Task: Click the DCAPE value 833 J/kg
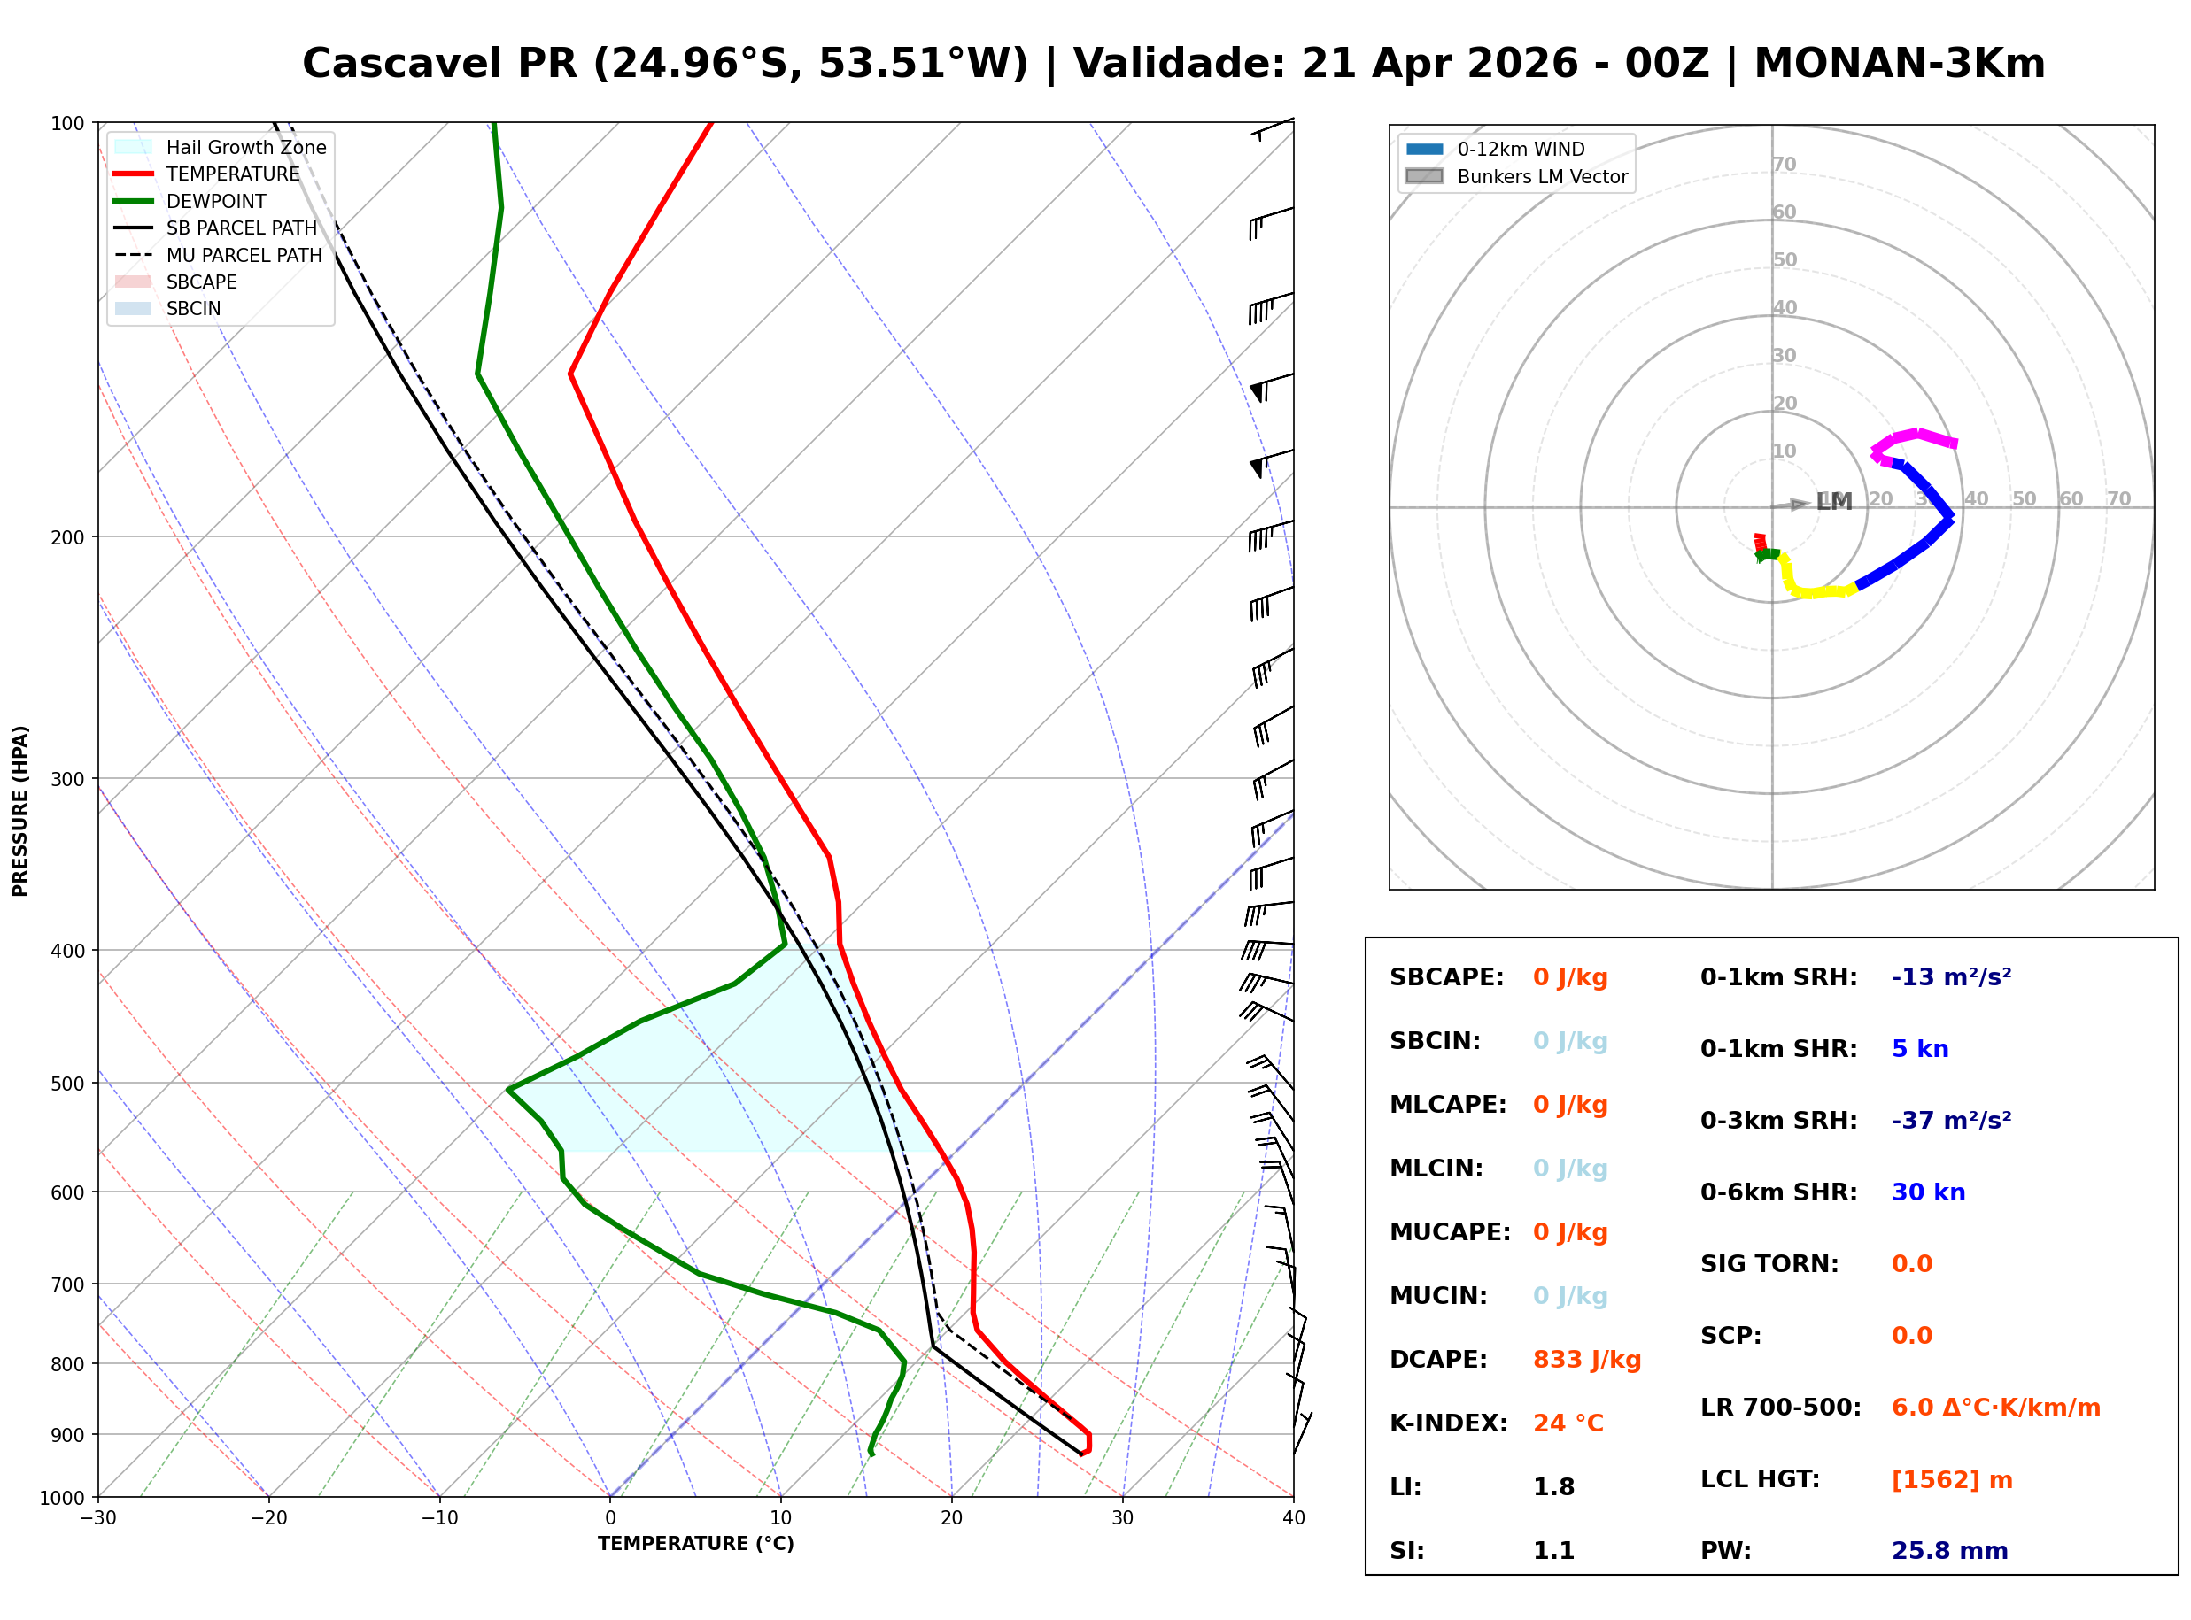click(x=1586, y=1360)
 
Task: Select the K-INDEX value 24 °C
click(x=1568, y=1423)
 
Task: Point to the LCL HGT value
click(x=1951, y=1480)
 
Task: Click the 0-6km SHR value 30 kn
click(x=1927, y=1192)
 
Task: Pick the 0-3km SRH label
click(x=1778, y=1121)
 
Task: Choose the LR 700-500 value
click(x=1995, y=1408)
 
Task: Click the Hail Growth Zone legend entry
click(x=245, y=147)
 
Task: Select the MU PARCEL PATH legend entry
click(x=244, y=255)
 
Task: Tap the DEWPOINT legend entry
click(x=216, y=201)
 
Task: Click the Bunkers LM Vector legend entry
click(x=1541, y=176)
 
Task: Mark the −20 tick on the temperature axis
click(x=267, y=1518)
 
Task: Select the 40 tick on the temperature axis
click(x=1293, y=1518)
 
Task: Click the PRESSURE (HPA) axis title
click(x=19, y=811)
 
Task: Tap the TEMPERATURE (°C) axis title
click(x=695, y=1544)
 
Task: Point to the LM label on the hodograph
click(x=1834, y=502)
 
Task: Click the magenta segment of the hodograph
click(x=1917, y=436)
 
